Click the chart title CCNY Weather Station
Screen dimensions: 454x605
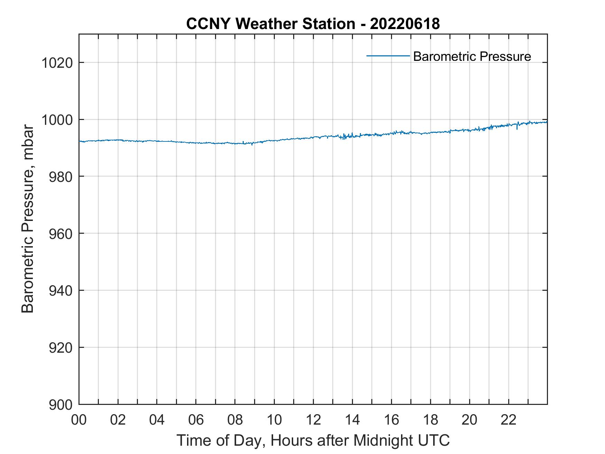(270, 24)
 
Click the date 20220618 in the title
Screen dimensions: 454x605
(404, 24)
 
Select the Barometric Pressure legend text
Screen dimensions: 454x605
(472, 56)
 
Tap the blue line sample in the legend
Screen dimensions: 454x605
(388, 56)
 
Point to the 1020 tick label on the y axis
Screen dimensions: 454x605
(57, 63)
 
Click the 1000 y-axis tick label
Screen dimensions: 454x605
(57, 120)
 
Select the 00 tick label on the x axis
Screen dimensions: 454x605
(79, 420)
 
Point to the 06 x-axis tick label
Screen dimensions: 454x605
(196, 420)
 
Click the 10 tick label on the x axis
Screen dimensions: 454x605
(274, 420)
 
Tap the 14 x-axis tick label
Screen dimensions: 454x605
(352, 420)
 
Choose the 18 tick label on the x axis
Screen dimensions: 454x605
(430, 420)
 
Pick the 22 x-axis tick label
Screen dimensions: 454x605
(509, 420)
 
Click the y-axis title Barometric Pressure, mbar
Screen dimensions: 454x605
(28, 219)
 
